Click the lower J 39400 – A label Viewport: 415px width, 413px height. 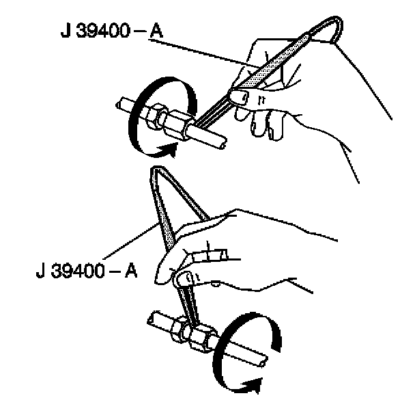[86, 269]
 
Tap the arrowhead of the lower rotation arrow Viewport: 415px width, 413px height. [257, 388]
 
